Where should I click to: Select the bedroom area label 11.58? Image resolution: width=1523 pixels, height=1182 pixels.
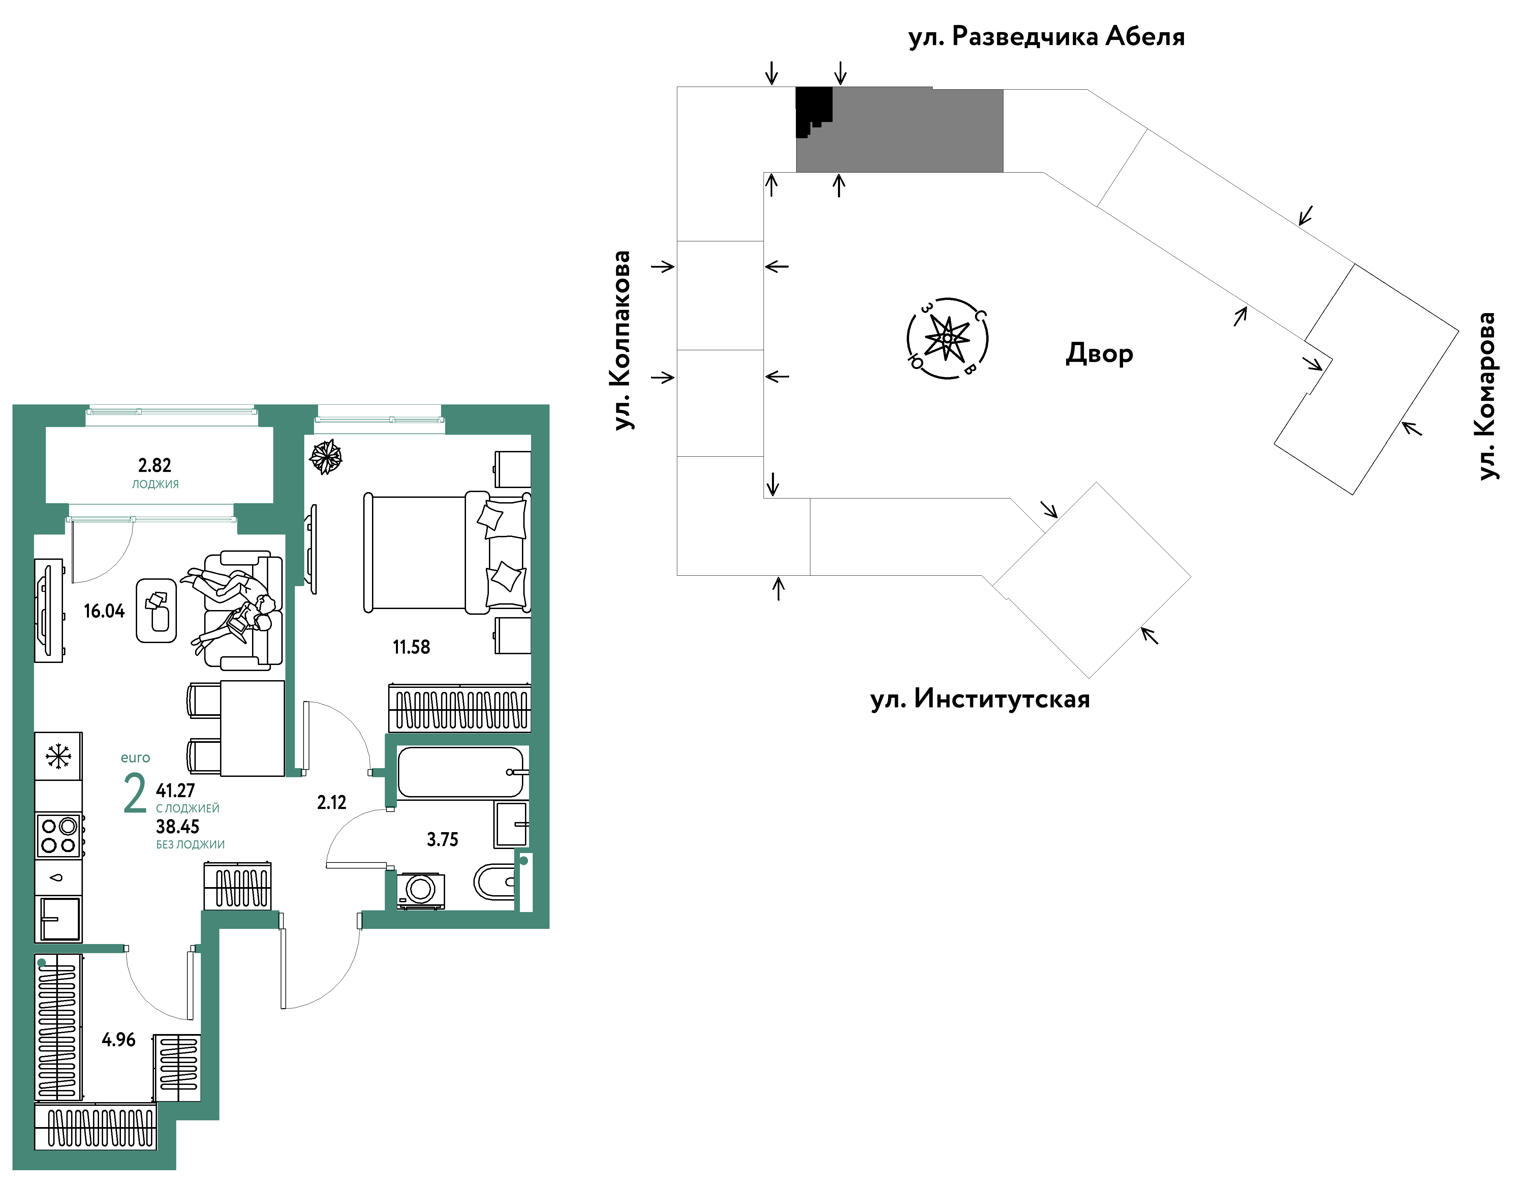[411, 647]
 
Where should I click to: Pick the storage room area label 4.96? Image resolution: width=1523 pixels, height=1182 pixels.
[119, 1040]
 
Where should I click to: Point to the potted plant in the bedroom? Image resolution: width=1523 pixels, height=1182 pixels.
[326, 457]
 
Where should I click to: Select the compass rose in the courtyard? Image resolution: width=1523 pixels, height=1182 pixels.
[947, 338]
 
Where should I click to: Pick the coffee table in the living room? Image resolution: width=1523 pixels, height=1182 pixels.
[156, 610]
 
